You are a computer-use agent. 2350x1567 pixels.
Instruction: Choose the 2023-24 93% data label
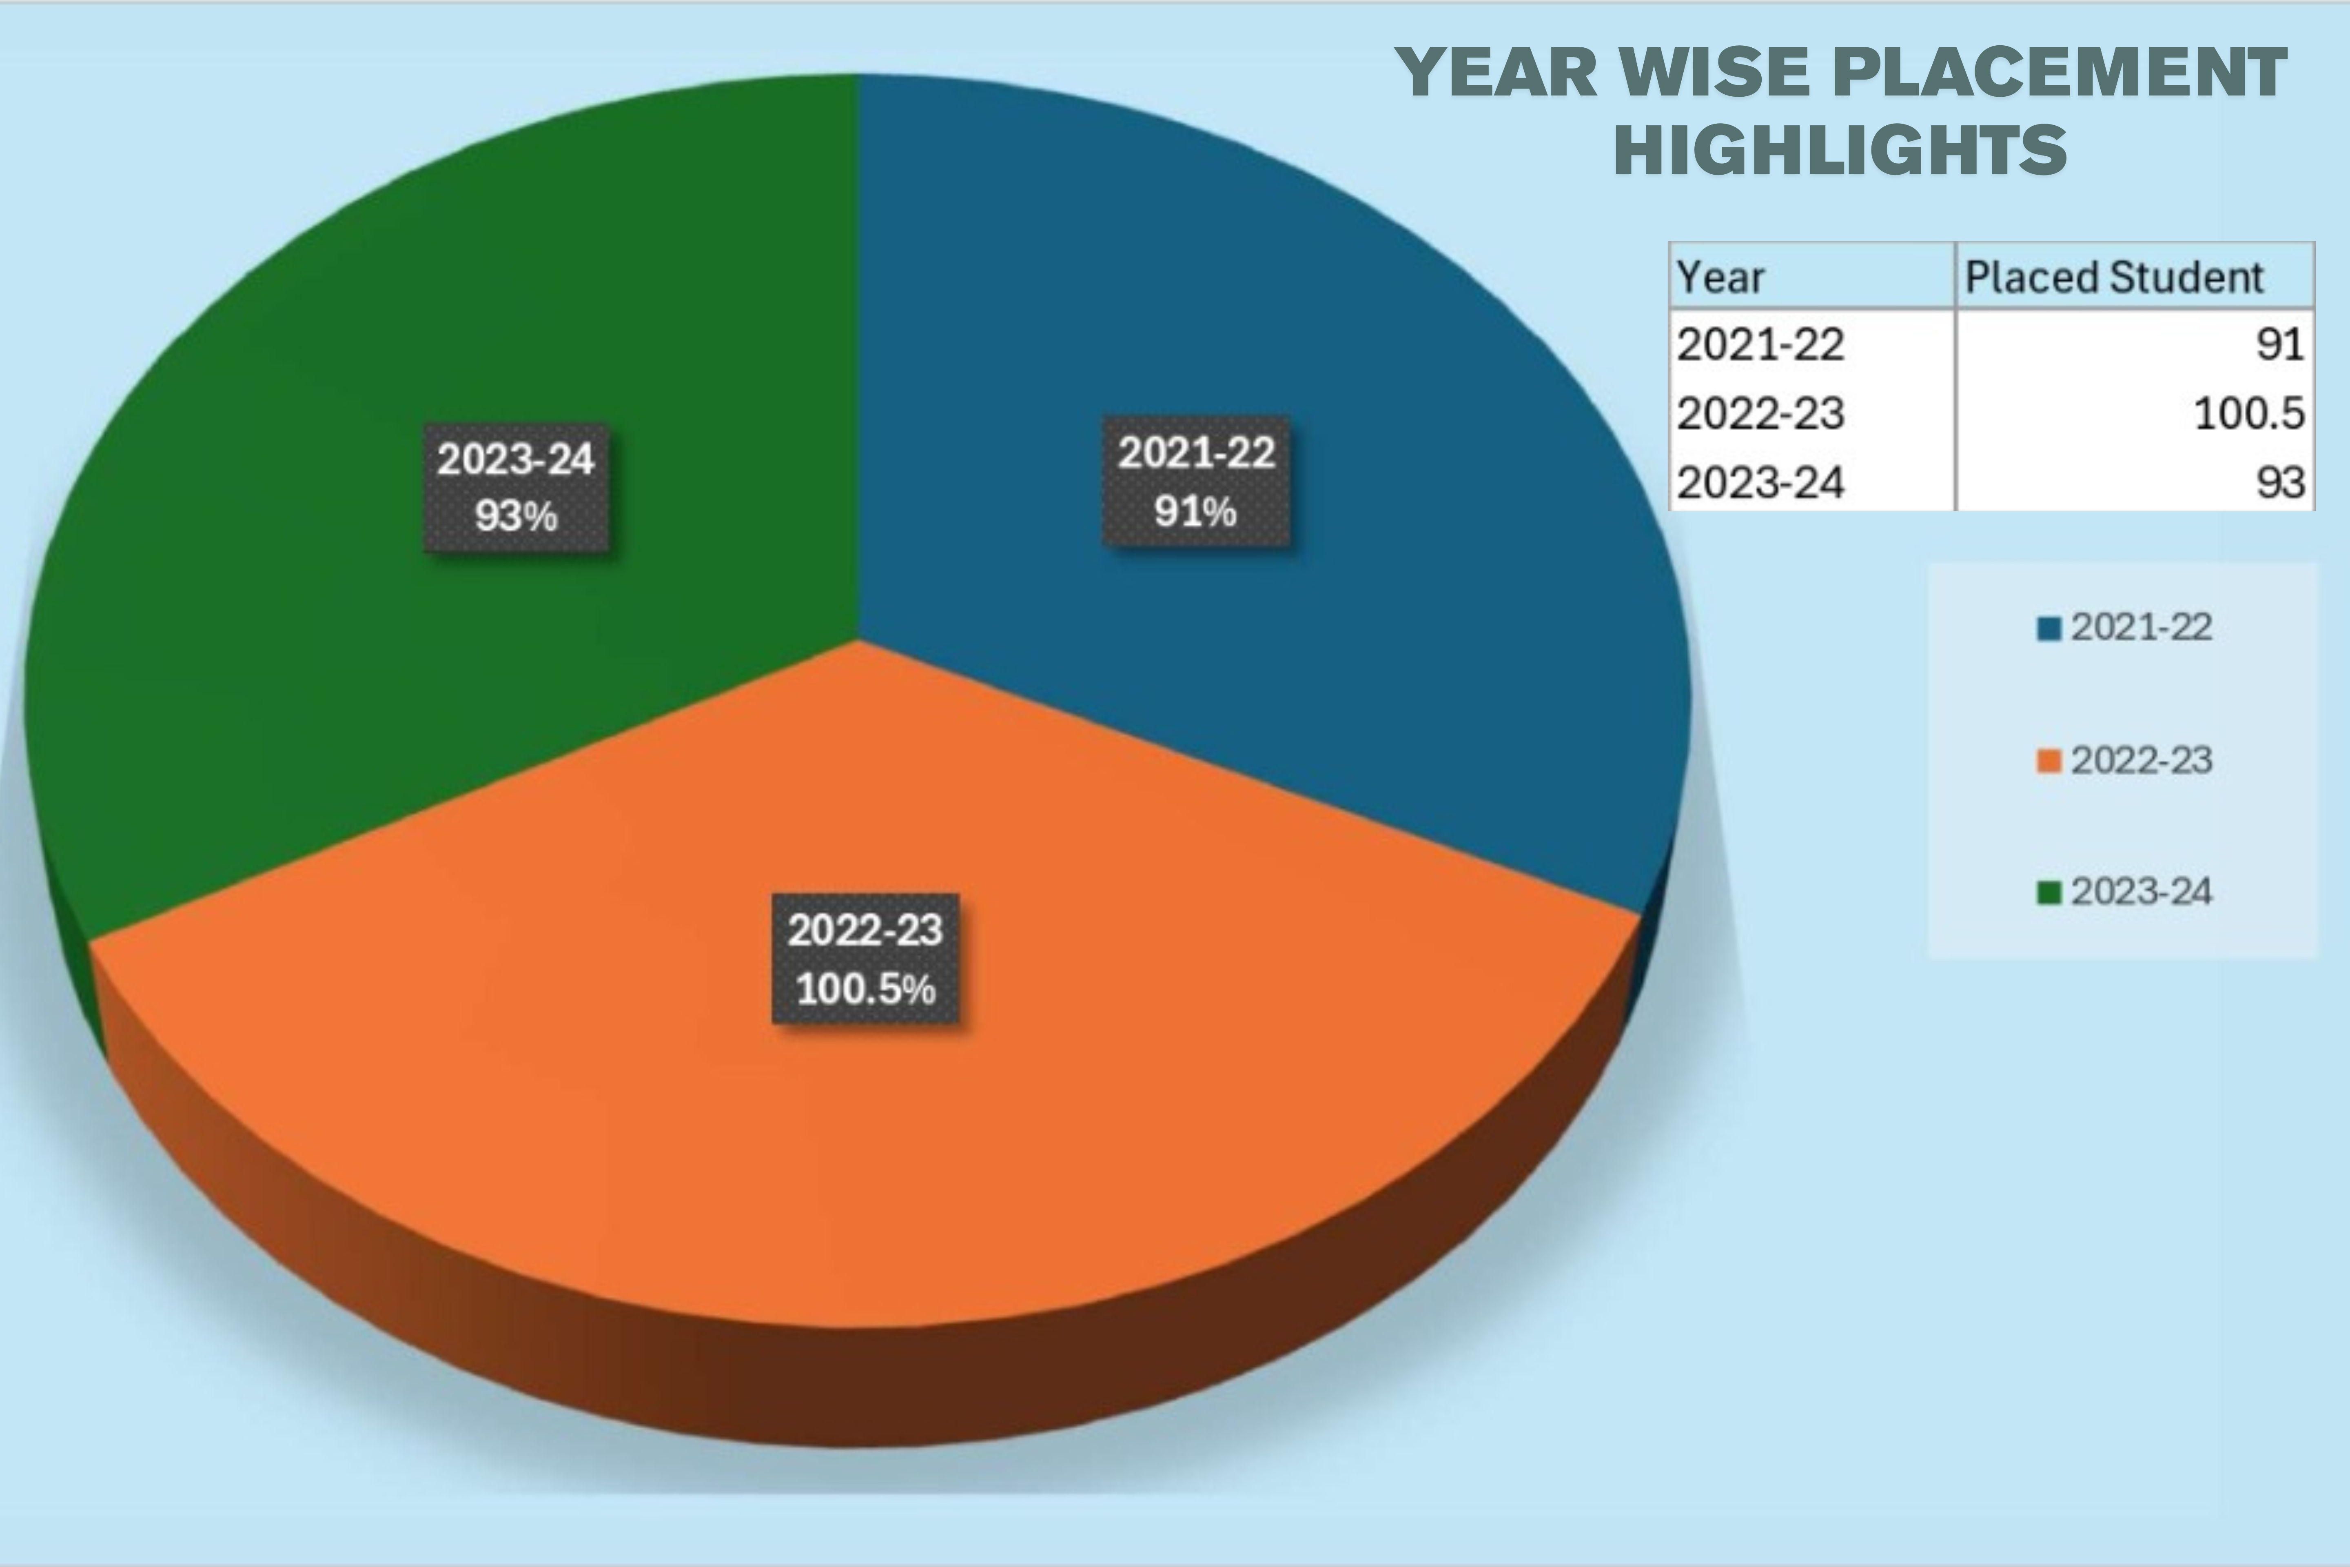click(516, 488)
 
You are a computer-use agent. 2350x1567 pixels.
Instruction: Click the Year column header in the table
click(1720, 277)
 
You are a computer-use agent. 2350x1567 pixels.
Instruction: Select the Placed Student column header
click(2113, 277)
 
